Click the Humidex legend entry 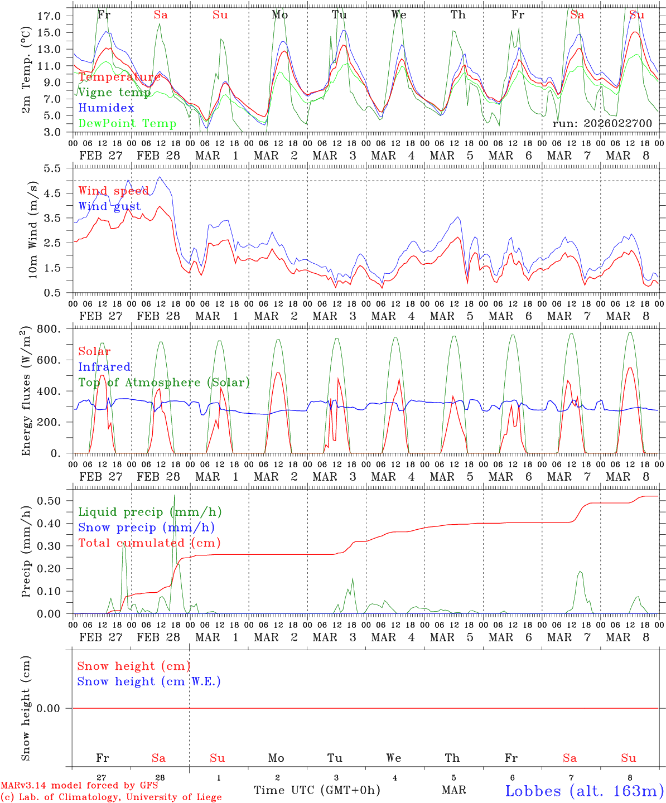pyautogui.click(x=106, y=108)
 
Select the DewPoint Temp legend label pyautogui.click(x=127, y=123)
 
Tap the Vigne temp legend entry pyautogui.click(x=114, y=92)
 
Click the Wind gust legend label pyautogui.click(x=109, y=206)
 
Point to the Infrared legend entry pyautogui.click(x=104, y=367)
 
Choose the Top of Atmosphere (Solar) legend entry pyautogui.click(x=163, y=383)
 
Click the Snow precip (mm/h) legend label pyautogui.click(x=146, y=528)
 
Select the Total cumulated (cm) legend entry pyautogui.click(x=149, y=543)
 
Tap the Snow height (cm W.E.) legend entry pyautogui.click(x=148, y=681)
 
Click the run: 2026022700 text pyautogui.click(x=602, y=123)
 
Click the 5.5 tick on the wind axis pyautogui.click(x=52, y=167)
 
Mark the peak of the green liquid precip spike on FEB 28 pyautogui.click(x=174, y=495)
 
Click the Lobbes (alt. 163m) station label pyautogui.click(x=584, y=791)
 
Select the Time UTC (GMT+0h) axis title pyautogui.click(x=317, y=790)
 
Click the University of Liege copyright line pyautogui.click(x=111, y=797)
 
